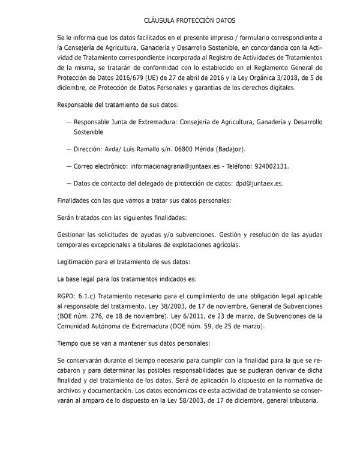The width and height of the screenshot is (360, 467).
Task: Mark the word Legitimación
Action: pyautogui.click(x=79, y=262)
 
